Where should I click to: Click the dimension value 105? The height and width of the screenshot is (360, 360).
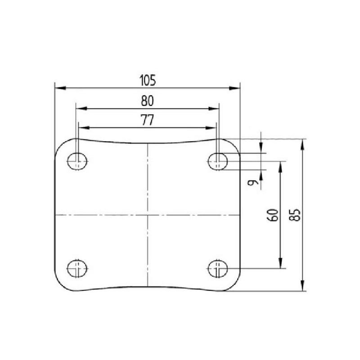click(x=148, y=81)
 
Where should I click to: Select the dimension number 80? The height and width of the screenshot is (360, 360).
click(x=147, y=101)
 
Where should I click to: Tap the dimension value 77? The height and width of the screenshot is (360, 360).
click(x=148, y=120)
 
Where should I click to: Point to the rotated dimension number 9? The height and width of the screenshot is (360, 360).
click(x=253, y=183)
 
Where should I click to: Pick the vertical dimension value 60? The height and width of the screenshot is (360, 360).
click(x=273, y=215)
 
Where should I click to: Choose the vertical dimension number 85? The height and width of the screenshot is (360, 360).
click(x=295, y=215)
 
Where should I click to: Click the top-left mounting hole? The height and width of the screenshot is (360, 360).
click(x=77, y=162)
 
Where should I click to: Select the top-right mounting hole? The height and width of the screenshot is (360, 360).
click(x=218, y=162)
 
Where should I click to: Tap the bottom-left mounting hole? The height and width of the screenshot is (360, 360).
click(x=77, y=268)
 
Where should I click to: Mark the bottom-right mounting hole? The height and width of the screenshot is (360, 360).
click(x=218, y=268)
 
